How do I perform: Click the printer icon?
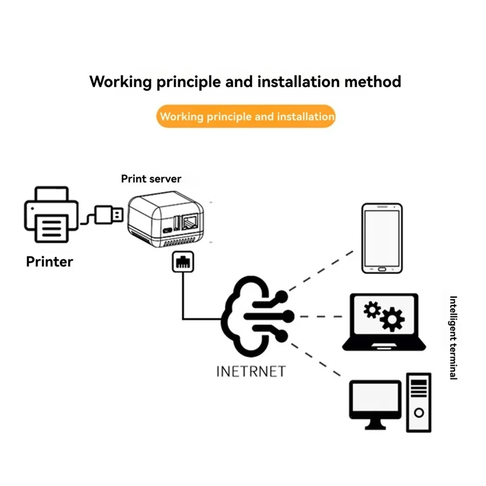tap(51, 214)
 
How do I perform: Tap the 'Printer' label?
tap(50, 262)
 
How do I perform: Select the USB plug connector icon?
tap(109, 215)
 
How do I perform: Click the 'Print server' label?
tap(151, 179)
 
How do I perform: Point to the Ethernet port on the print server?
tap(190, 222)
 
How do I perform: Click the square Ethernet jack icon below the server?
tap(183, 262)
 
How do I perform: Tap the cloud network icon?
tap(257, 317)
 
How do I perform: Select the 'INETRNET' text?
tap(251, 372)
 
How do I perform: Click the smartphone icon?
tap(382, 238)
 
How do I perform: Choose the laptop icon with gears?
tap(384, 323)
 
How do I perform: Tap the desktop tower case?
tap(419, 403)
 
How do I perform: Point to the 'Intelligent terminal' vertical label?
tap(453, 338)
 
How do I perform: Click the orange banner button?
tap(246, 116)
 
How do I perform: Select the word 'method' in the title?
tap(372, 82)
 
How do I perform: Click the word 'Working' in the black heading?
tap(120, 83)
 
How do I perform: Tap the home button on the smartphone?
tap(382, 269)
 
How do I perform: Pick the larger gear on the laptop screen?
tap(392, 320)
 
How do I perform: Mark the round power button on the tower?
tap(419, 413)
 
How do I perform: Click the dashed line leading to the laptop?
tap(321, 317)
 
